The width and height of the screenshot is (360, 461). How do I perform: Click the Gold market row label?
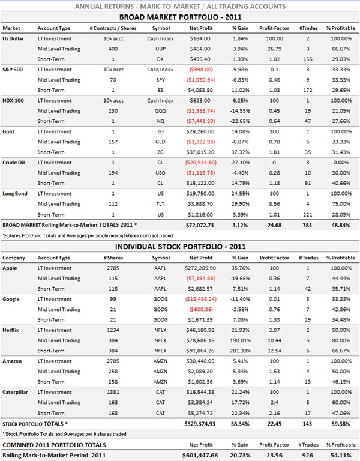pos(8,131)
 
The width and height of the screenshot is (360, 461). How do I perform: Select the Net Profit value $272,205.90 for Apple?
pos(200,268)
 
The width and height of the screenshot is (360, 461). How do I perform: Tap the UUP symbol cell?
pos(160,49)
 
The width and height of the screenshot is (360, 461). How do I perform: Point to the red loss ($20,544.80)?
pos(201,163)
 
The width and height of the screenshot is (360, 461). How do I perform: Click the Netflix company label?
pos(11,330)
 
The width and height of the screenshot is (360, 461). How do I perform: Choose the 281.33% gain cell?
pos(241,351)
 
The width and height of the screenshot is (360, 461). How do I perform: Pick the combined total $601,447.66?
pos(200,456)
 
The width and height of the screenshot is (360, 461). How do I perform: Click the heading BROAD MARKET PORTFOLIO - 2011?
pos(181,17)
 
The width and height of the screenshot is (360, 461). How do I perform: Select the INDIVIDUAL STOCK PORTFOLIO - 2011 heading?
pos(180,246)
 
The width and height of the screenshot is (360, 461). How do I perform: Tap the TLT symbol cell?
pos(160,204)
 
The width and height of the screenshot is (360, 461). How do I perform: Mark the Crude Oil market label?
pos(14,163)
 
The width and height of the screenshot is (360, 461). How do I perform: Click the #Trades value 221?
pos(308,215)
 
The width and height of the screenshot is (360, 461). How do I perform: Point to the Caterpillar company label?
pos(15,392)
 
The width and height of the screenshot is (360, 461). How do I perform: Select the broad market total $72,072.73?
pos(200,226)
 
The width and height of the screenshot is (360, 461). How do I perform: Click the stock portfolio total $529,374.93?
pos(200,424)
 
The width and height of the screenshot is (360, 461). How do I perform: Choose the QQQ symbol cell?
pos(160,111)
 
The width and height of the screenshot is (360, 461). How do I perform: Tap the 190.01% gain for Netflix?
pos(241,340)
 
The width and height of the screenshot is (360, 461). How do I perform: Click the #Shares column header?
pos(113,258)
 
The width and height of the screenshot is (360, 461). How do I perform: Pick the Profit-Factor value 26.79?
pos(274,49)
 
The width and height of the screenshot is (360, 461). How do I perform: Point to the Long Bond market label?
pos(15,194)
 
